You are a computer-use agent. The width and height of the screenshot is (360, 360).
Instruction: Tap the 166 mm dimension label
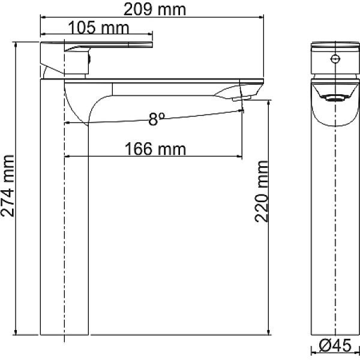coord(155,148)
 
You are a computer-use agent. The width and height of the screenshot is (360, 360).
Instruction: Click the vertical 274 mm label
coord(8,187)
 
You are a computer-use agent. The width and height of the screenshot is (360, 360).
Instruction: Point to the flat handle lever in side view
coord(114,45)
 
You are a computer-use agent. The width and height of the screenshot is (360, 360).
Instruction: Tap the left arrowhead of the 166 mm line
coord(67,157)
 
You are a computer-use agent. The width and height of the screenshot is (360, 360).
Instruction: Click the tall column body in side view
coord(64,228)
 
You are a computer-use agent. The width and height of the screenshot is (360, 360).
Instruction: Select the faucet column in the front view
coord(335,228)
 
